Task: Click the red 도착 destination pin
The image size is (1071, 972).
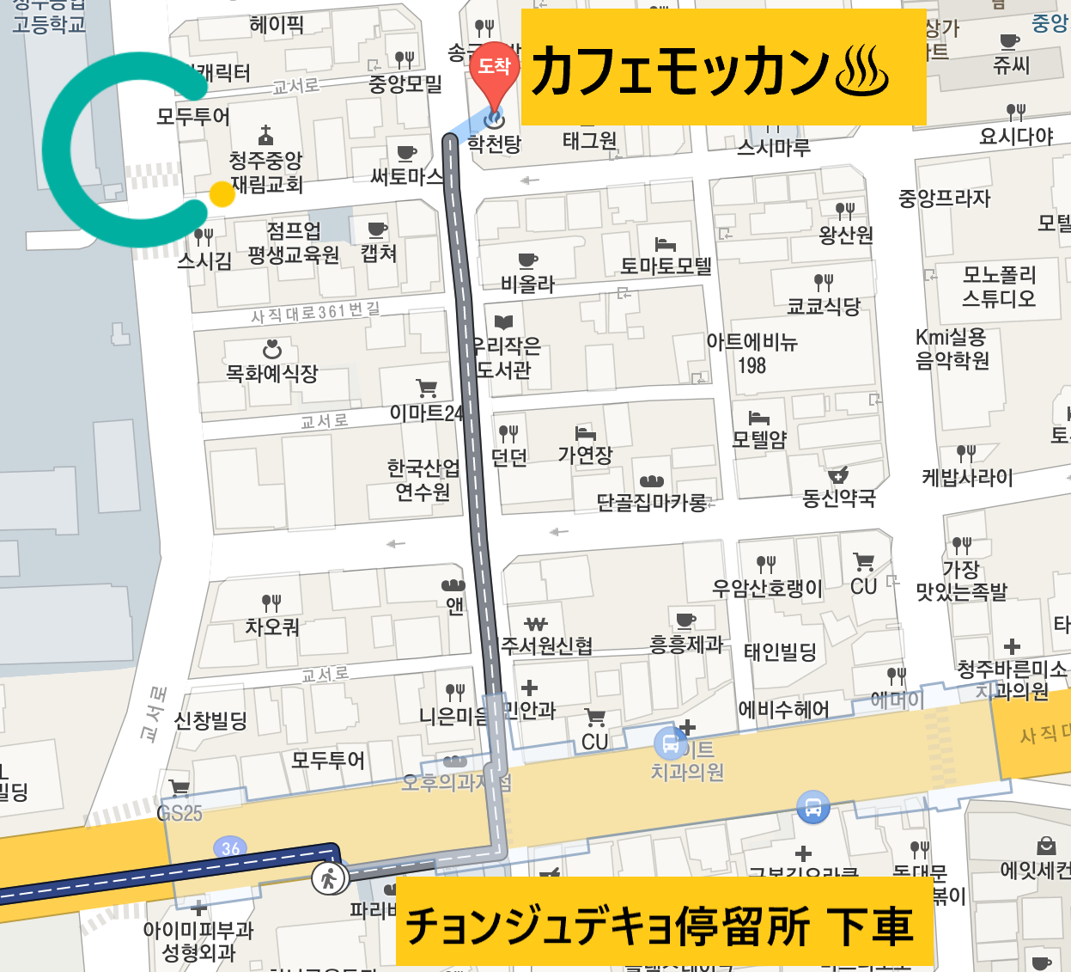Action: coord(494,69)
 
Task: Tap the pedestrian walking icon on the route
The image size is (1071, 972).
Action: coord(328,878)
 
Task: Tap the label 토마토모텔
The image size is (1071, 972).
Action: coord(666,266)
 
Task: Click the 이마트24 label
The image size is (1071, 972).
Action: coord(426,413)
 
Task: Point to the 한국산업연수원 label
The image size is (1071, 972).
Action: coord(423,480)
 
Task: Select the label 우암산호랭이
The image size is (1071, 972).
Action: coord(767,589)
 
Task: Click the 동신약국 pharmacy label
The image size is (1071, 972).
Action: coord(838,498)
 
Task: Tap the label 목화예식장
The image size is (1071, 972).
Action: coord(271,373)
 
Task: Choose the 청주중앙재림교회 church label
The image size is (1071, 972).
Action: coord(266,172)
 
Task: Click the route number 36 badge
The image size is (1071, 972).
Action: coord(230,848)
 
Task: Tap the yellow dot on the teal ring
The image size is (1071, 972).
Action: coord(222,194)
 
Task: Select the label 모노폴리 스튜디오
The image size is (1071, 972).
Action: coord(998,286)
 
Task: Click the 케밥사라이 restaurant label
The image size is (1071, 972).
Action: coord(967,477)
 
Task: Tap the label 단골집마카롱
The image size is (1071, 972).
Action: coord(652,502)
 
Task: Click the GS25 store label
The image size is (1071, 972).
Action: coord(180,813)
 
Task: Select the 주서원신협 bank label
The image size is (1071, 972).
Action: coord(546,645)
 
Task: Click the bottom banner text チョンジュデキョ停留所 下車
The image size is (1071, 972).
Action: coord(660,926)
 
